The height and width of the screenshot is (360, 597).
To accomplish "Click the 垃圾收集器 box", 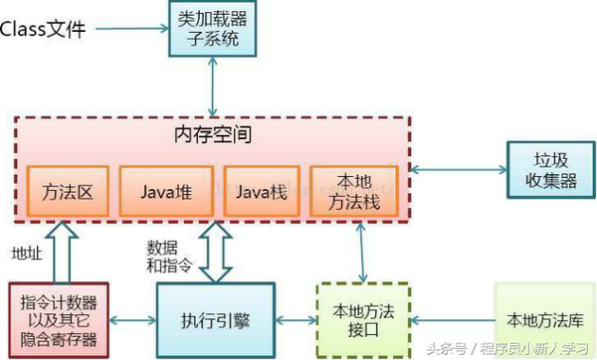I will coord(542,168).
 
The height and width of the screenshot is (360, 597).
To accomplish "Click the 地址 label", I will coord(27,253).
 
